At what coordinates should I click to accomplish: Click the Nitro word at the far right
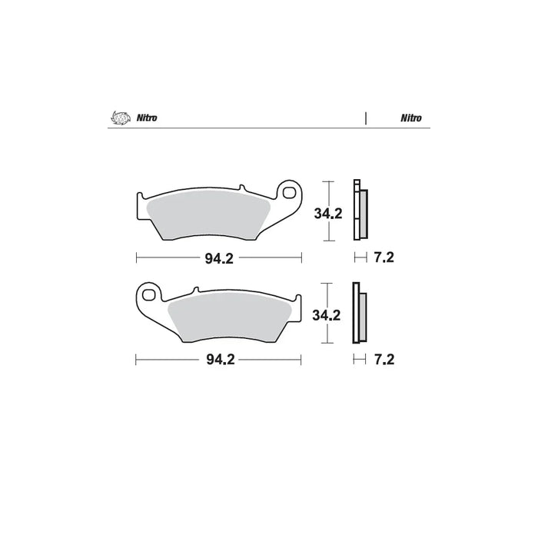tap(409, 118)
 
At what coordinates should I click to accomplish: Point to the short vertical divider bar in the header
tap(365, 118)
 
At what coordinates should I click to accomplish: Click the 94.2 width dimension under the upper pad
tap(218, 258)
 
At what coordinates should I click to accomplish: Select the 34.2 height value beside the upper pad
tap(327, 214)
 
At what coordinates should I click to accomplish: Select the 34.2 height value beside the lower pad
tap(327, 315)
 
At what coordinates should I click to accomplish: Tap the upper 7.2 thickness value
tap(384, 258)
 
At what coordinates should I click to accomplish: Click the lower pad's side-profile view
tap(359, 314)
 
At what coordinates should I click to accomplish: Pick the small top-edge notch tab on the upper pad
tap(241, 188)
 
